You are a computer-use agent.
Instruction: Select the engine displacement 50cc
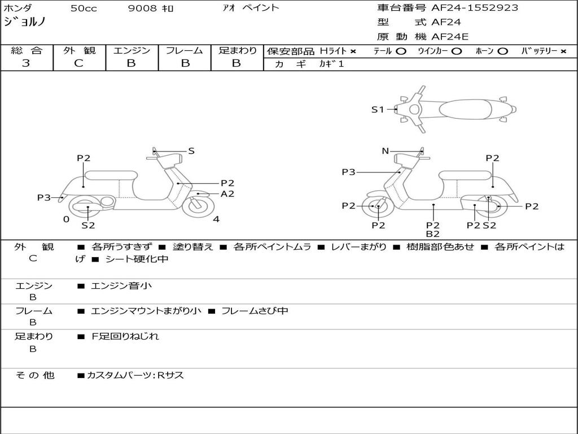pyautogui.click(x=84, y=8)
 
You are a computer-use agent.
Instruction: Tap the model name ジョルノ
pyautogui.click(x=25, y=22)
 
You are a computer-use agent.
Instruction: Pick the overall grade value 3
pyautogui.click(x=26, y=63)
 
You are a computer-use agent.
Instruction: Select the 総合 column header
pyautogui.click(x=27, y=50)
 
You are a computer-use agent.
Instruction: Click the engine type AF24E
pyautogui.click(x=450, y=37)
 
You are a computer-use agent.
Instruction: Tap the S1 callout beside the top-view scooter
pyautogui.click(x=377, y=110)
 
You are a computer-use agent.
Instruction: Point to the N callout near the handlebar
pyautogui.click(x=386, y=151)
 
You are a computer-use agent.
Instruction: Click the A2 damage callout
pyautogui.click(x=227, y=194)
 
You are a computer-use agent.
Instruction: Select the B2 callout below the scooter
pyautogui.click(x=433, y=233)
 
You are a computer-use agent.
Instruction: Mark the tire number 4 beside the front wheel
pyautogui.click(x=216, y=220)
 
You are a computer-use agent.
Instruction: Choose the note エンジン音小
pyautogui.click(x=121, y=286)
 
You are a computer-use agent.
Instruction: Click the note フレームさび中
pyautogui.click(x=255, y=311)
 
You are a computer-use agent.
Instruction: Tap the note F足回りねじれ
pyautogui.click(x=125, y=336)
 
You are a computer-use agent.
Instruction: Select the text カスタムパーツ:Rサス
pyautogui.click(x=135, y=375)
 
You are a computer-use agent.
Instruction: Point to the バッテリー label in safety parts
pyautogui.click(x=539, y=51)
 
